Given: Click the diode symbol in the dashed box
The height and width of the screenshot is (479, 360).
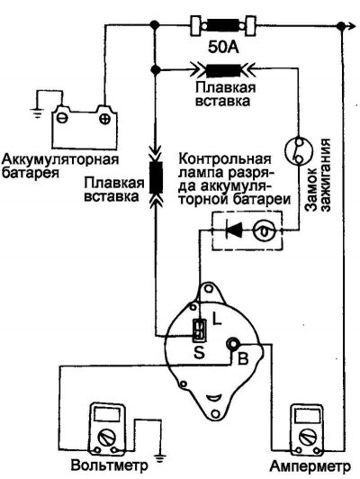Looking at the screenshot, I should pyautogui.click(x=233, y=231).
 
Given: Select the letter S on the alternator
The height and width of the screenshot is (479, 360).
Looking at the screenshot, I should pyautogui.click(x=197, y=353).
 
